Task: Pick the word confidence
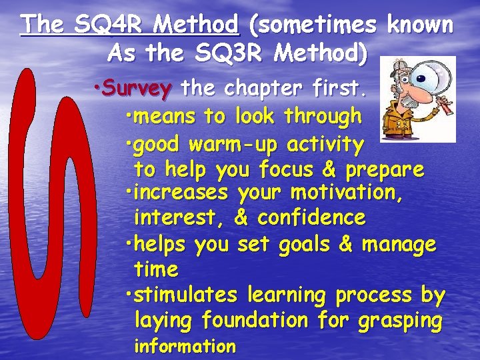(311, 217)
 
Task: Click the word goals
(303, 245)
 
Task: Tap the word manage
(399, 245)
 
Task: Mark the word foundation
(255, 320)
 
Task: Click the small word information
(185, 346)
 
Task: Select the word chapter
(258, 87)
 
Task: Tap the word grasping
(400, 320)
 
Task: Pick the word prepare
(384, 169)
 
